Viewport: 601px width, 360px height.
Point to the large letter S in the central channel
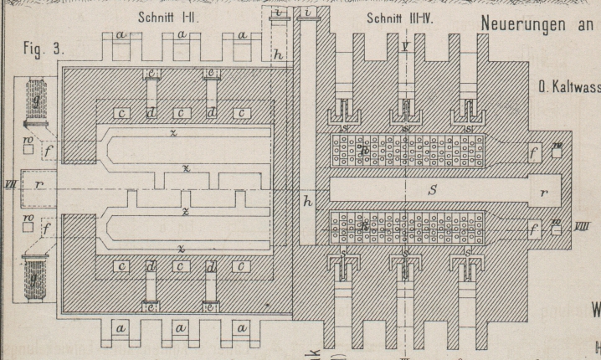click(432, 192)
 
